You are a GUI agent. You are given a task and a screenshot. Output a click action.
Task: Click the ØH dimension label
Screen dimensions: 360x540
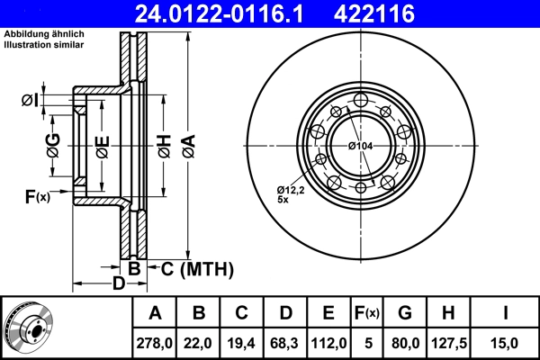coord(163,145)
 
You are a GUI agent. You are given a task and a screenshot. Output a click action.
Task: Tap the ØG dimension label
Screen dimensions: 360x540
coord(53,145)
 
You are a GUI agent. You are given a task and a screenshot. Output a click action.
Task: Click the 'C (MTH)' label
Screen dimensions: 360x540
coord(197,268)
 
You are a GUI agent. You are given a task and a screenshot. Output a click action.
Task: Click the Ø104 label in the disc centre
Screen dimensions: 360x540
coord(360,146)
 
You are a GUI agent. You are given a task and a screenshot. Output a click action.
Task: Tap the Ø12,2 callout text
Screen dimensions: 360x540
coord(292,190)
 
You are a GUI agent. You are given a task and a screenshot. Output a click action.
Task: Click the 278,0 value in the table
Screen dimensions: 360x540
coord(155,342)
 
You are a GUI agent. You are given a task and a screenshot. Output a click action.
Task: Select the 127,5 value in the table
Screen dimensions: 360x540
coord(449,342)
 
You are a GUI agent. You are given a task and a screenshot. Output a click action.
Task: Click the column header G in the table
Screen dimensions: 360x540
coord(404,313)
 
